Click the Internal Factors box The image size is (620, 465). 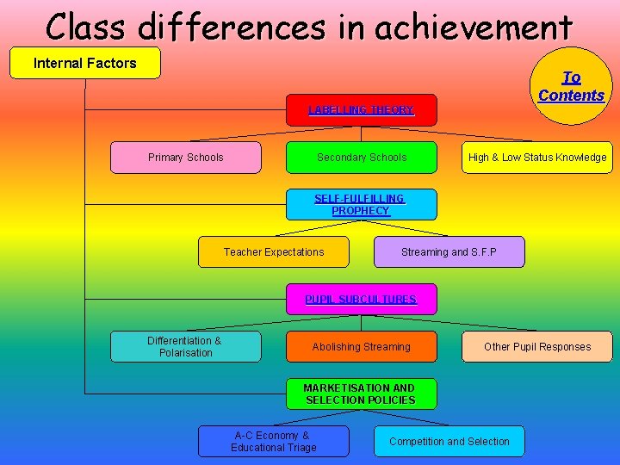click(x=84, y=63)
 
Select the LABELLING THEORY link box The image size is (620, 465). click(x=361, y=110)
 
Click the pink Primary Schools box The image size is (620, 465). click(x=185, y=158)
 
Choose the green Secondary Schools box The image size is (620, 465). click(x=361, y=158)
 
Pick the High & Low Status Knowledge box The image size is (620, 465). click(x=536, y=158)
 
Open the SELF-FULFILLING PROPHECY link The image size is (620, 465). click(x=361, y=205)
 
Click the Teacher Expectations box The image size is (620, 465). click(x=273, y=252)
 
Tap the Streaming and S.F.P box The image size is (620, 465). click(x=449, y=252)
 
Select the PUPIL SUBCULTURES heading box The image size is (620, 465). click(x=361, y=300)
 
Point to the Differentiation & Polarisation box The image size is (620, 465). click(x=185, y=347)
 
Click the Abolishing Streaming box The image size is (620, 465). click(x=361, y=347)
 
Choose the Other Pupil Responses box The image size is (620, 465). click(x=536, y=347)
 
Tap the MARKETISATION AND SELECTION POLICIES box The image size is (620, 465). click(x=361, y=394)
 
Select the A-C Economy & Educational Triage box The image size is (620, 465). click(x=273, y=442)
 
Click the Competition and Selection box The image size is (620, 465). click(x=449, y=442)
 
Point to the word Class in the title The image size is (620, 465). click(x=87, y=27)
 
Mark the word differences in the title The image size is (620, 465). click(x=232, y=27)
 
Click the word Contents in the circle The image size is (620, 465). click(x=571, y=96)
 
